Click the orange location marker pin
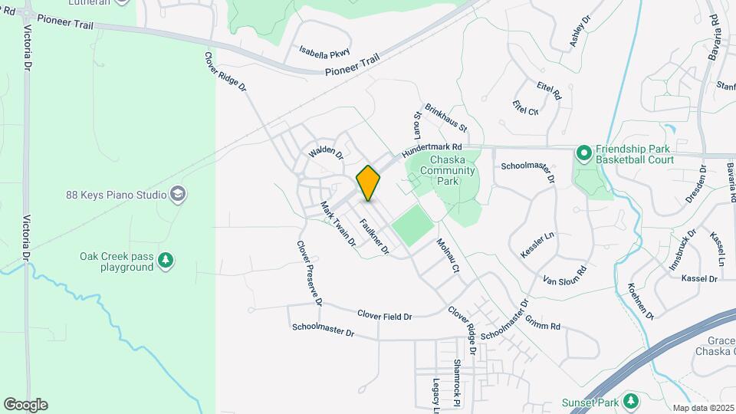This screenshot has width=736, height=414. pyautogui.click(x=368, y=183)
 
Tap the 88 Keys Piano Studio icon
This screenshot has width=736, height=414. pyautogui.click(x=178, y=194)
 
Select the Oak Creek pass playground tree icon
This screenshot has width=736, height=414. pyautogui.click(x=165, y=262)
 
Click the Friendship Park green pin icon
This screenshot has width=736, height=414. pyautogui.click(x=583, y=154)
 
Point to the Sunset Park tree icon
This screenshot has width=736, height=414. pyautogui.click(x=631, y=400)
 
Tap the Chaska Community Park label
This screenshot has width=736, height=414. pyautogui.click(x=449, y=169)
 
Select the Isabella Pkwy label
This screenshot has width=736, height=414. pyautogui.click(x=325, y=53)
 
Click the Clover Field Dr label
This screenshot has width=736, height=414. pyautogui.click(x=385, y=314)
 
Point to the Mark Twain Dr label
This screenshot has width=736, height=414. pyautogui.click(x=338, y=223)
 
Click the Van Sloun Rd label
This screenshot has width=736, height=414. pyautogui.click(x=564, y=274)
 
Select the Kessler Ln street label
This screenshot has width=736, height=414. pyautogui.click(x=537, y=242)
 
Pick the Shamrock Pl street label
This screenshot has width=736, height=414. pyautogui.click(x=456, y=383)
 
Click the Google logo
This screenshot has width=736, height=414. pyautogui.click(x=25, y=405)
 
